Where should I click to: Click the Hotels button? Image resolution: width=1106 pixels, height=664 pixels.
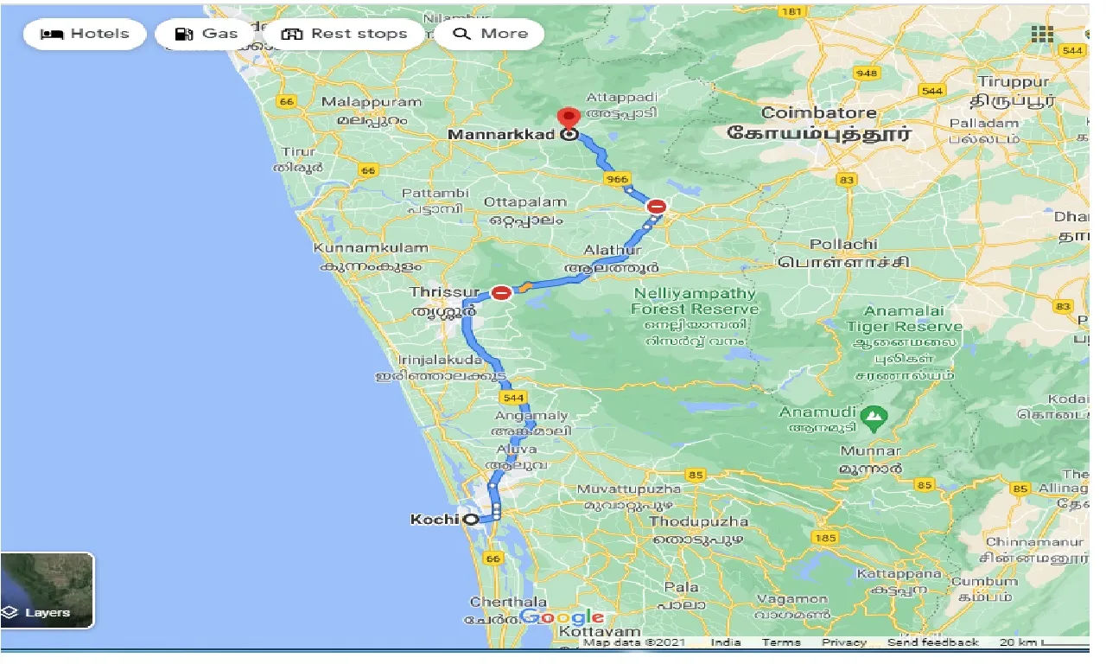85,34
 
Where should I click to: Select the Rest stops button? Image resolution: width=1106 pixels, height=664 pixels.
344,34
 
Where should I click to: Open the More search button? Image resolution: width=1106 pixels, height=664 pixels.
489,34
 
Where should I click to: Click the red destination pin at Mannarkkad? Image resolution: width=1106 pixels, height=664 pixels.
568,118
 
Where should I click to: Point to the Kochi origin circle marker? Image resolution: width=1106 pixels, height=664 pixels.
471,520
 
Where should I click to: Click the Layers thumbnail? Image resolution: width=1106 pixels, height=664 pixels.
47,590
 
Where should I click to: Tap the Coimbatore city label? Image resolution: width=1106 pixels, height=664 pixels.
818,112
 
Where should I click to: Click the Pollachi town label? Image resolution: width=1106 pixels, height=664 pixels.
843,245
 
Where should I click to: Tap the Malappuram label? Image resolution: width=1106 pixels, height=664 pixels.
372,102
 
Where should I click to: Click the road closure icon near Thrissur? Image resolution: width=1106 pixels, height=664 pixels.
501,292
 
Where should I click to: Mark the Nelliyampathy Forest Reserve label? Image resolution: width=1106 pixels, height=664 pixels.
695,301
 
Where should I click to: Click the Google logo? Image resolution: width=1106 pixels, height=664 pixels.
562,617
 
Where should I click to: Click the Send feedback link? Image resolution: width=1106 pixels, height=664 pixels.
932,642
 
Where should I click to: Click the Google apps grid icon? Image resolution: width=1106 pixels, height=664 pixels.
1042,34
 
